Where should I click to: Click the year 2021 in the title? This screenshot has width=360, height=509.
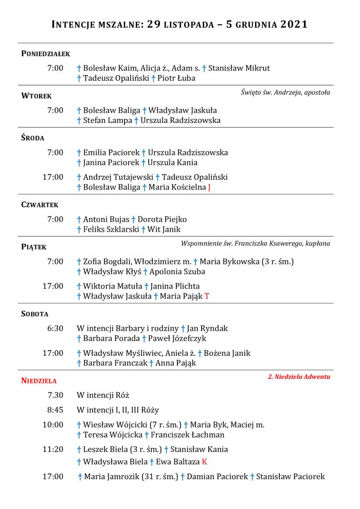[x=294, y=24]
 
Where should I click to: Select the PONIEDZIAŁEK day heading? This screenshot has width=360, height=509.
[x=45, y=53]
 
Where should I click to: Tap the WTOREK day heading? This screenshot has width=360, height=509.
[x=37, y=96]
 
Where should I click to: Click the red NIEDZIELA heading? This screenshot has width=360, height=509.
[x=39, y=381]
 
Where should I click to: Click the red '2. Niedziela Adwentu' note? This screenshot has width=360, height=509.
[x=299, y=377]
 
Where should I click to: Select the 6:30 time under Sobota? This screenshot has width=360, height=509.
[x=55, y=328]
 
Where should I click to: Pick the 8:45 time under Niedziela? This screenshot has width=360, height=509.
[x=55, y=410]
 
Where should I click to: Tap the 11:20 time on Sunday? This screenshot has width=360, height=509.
[x=53, y=449]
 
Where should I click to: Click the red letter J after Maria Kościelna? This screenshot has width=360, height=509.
[x=209, y=188]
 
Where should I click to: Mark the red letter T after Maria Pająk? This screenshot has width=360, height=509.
[x=207, y=296]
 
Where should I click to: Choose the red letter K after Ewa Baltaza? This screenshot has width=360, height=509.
[x=204, y=462]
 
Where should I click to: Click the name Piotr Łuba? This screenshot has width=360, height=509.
[x=176, y=79]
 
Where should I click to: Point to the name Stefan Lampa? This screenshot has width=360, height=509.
[x=107, y=120]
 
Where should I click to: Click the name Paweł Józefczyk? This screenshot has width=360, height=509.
[x=177, y=338]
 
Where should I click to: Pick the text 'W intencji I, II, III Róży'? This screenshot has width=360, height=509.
[x=118, y=410]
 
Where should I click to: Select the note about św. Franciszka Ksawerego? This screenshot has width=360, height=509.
[x=256, y=244]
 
